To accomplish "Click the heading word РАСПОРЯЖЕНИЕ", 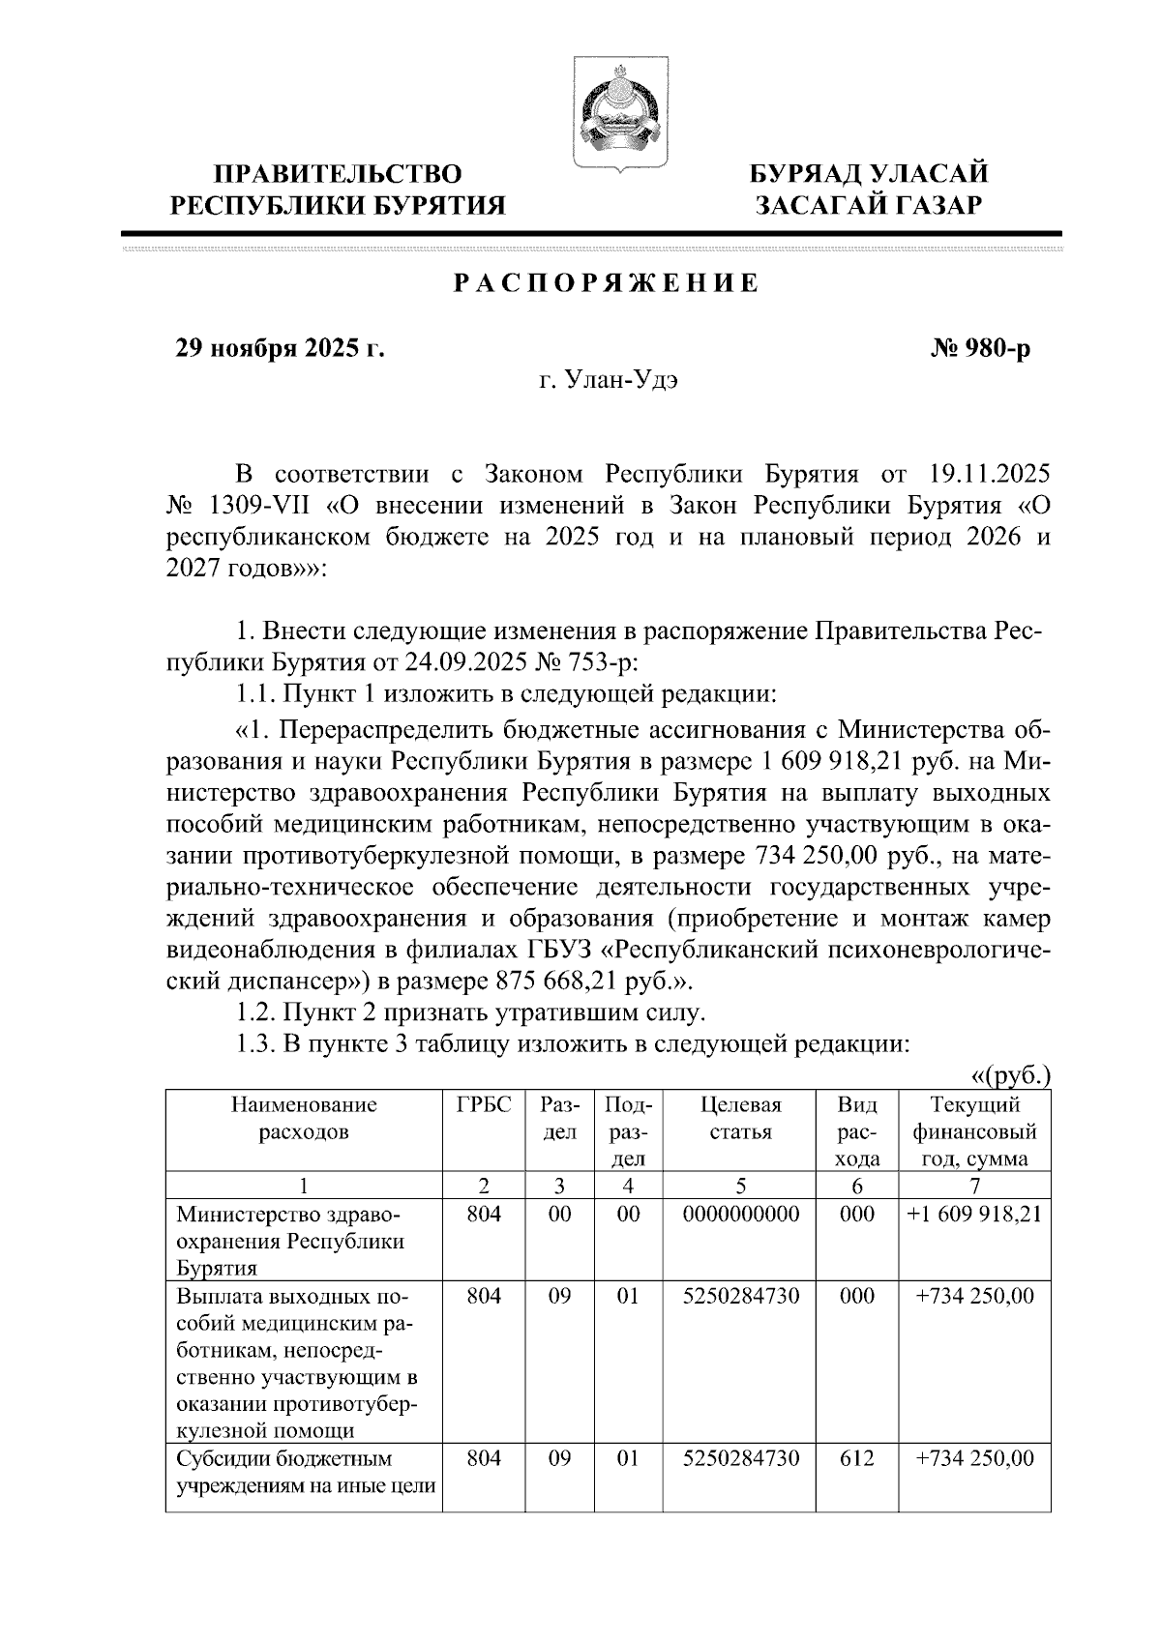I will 607,283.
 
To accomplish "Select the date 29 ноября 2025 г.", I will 279,349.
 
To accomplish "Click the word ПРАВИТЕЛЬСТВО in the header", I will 338,174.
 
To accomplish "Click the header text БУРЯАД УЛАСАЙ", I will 869,174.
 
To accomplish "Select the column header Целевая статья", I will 740,1118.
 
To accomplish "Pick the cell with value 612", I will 857,1458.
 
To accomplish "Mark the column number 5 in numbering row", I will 740,1186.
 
